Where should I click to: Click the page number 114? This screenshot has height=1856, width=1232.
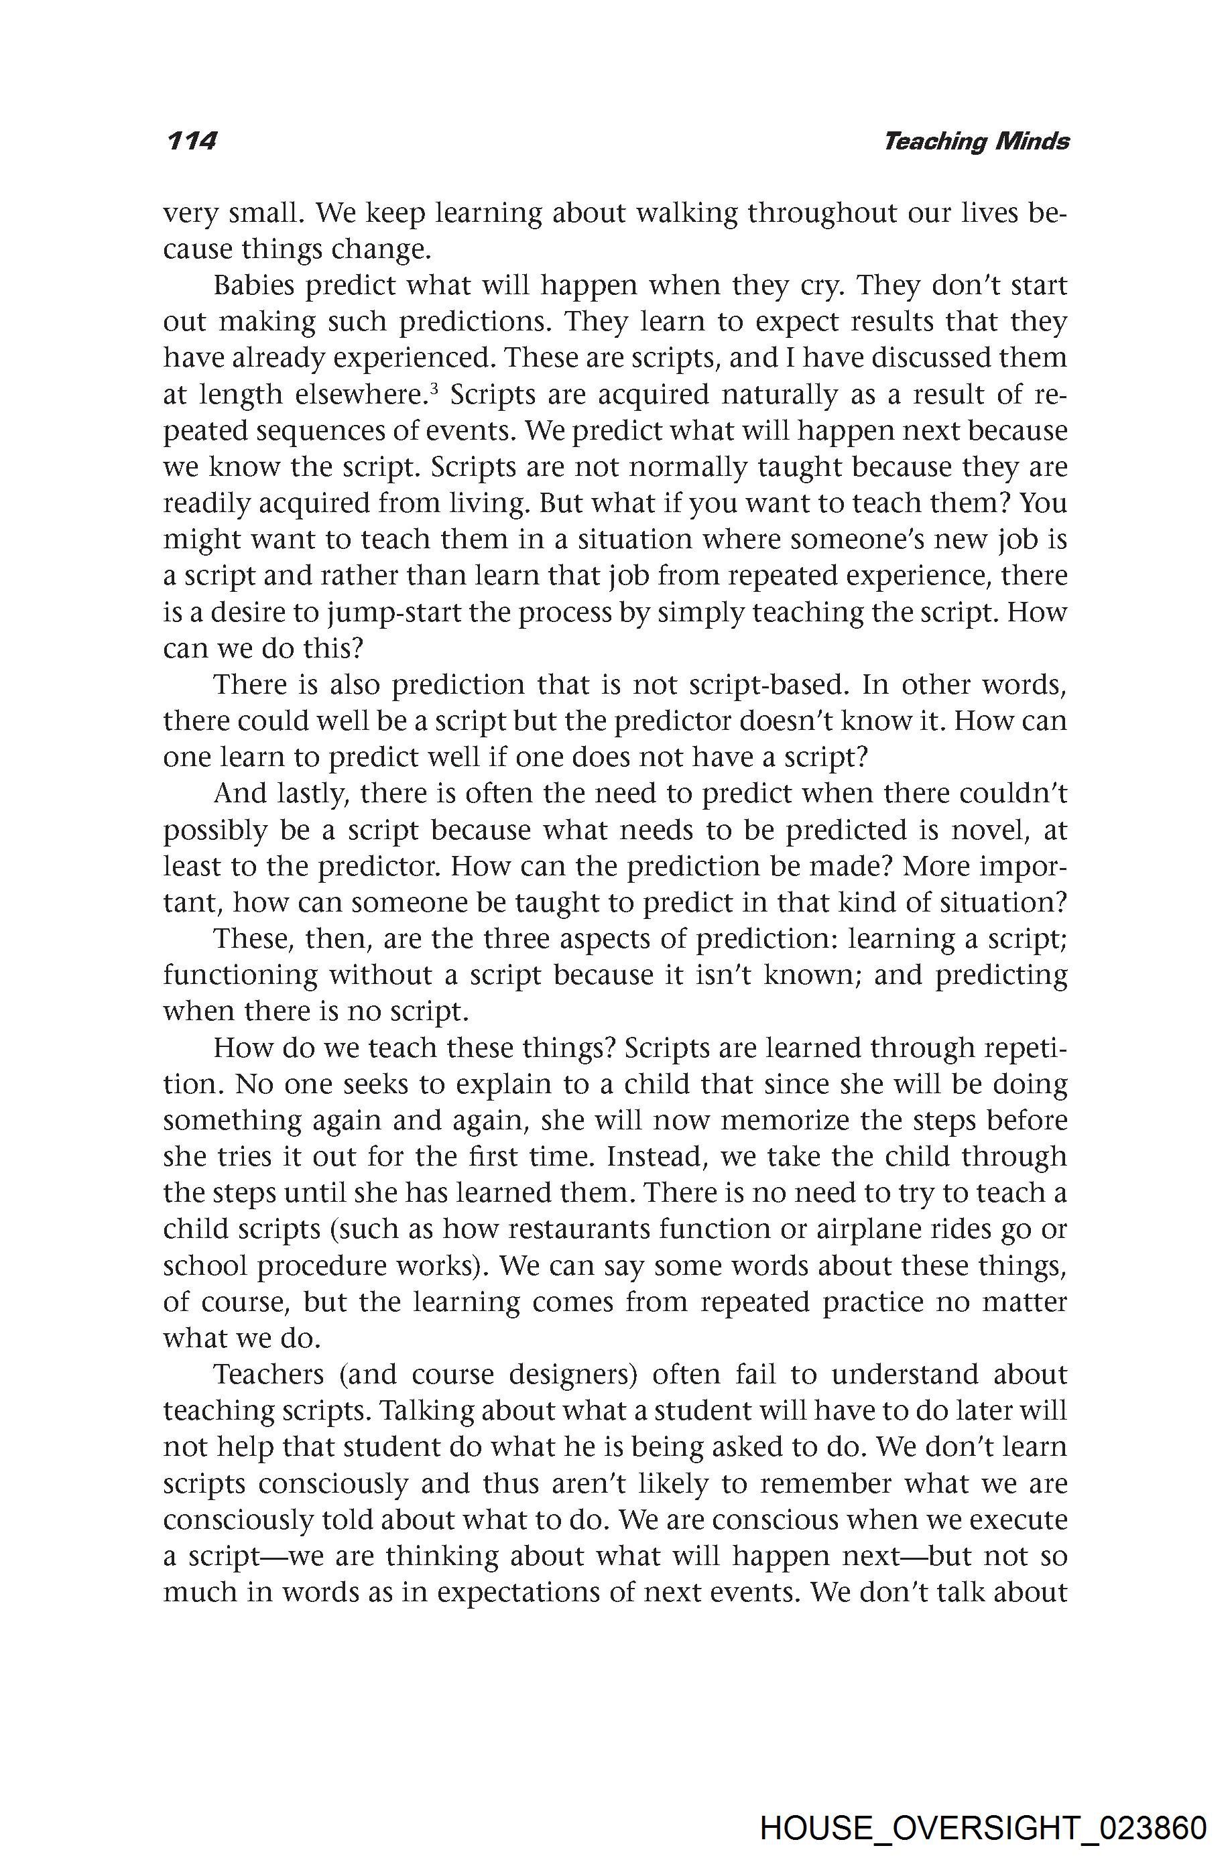click(191, 141)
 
